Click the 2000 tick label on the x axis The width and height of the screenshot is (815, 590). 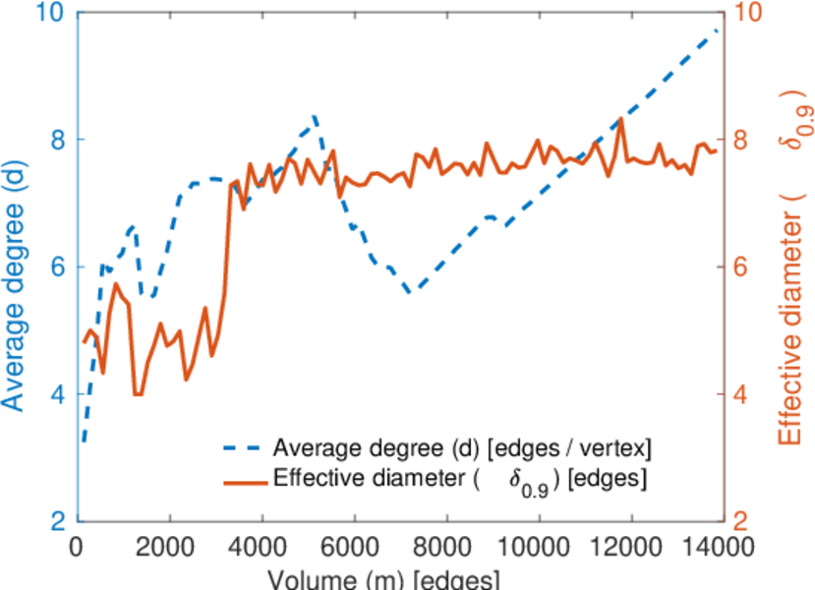click(169, 547)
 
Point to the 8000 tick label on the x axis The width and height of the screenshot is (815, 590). click(446, 547)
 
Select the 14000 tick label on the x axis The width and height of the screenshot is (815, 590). click(717, 547)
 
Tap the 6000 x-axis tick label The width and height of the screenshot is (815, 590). click(354, 547)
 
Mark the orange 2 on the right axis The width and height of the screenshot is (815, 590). click(741, 521)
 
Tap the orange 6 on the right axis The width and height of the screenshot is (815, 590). click(741, 267)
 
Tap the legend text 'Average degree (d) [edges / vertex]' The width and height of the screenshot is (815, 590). click(462, 448)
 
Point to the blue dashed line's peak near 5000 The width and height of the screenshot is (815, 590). click(314, 115)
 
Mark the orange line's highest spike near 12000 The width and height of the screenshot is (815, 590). click(621, 119)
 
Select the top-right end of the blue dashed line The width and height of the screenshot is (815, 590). click(718, 30)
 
